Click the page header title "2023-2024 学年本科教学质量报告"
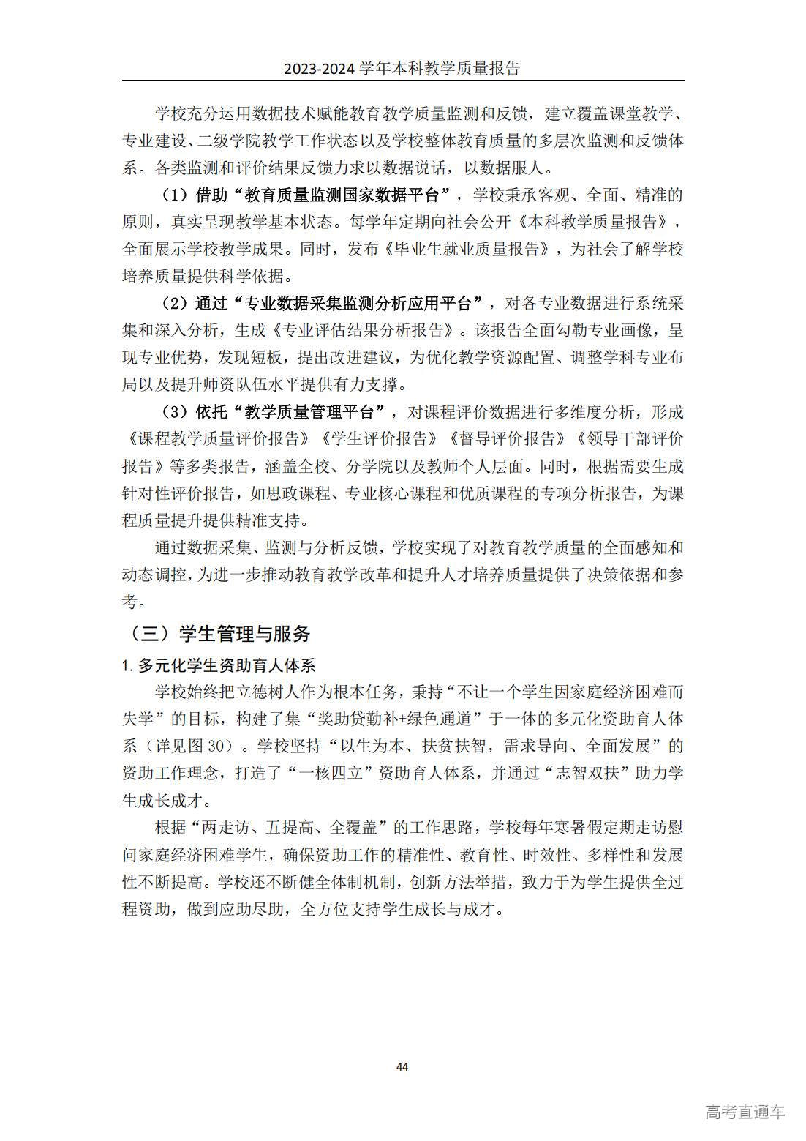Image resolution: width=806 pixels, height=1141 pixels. tap(402, 69)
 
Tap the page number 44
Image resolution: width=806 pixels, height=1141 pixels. tap(402, 1066)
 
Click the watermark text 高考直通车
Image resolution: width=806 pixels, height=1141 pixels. tap(745, 1112)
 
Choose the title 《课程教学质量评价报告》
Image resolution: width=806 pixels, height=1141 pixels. tap(219, 438)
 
